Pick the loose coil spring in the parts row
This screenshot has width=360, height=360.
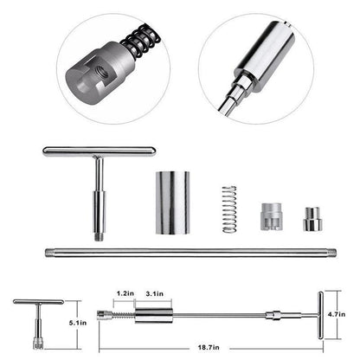tap(228, 209)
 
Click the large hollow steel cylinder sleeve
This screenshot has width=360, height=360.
tap(172, 202)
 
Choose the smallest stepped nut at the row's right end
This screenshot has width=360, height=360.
tap(312, 219)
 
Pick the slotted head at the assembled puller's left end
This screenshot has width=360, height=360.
tap(104, 312)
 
